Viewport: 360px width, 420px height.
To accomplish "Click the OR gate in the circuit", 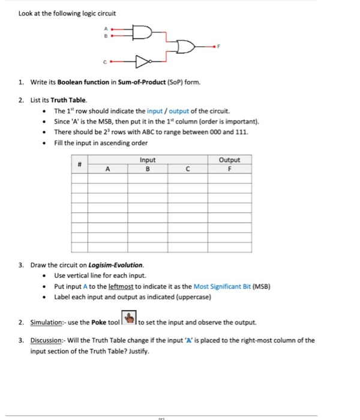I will coord(184,47).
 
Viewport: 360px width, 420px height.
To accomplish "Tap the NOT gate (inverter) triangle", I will coord(142,61).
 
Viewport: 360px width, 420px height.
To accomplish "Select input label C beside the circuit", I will coord(106,61).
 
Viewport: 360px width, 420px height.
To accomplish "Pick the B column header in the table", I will coord(147,169).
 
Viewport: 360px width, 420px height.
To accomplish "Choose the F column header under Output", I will coord(229,169).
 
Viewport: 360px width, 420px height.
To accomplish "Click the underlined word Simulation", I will coord(48,322).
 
